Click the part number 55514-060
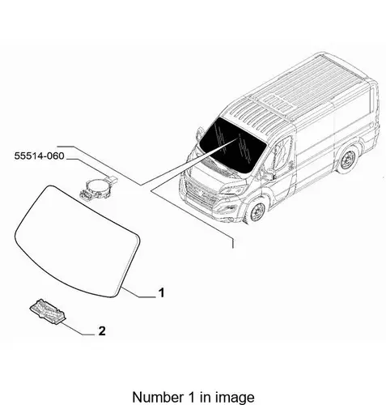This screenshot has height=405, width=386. click(39, 156)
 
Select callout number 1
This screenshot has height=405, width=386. click(161, 292)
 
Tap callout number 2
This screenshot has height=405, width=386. click(102, 330)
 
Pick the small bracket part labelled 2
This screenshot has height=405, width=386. click(48, 310)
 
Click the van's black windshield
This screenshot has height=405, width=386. click(232, 145)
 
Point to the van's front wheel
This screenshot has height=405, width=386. click(257, 211)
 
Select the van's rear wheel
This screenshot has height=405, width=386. click(347, 160)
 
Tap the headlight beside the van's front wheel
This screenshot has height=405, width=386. click(233, 190)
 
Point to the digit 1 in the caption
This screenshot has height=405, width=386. click(190, 397)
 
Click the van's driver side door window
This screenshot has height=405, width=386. click(281, 153)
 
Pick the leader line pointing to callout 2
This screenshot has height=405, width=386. click(78, 329)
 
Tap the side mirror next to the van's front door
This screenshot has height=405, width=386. click(269, 175)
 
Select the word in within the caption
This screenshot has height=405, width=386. click(204, 397)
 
